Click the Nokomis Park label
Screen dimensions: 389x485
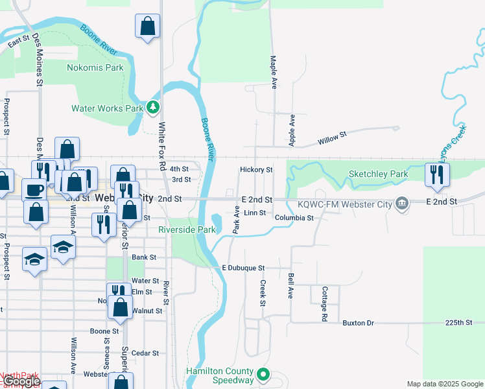[x=95, y=67]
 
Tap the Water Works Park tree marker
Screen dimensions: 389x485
[x=152, y=107]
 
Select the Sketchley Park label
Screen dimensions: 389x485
[x=378, y=174]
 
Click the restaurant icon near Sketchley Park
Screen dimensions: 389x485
[x=437, y=174]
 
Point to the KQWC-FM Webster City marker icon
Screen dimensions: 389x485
[x=402, y=204]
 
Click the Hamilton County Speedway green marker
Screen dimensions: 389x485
[x=263, y=374]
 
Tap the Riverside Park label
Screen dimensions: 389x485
[x=187, y=230]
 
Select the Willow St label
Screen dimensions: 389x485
[x=333, y=137]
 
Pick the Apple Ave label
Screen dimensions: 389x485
[x=292, y=130]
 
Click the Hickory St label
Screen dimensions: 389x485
[x=256, y=170]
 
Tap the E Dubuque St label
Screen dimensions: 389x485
[x=243, y=268]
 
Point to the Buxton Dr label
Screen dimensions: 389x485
[x=359, y=322]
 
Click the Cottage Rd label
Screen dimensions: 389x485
[x=324, y=305]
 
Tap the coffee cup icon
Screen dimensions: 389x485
[x=34, y=190]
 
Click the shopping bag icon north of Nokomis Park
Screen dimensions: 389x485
[x=148, y=27]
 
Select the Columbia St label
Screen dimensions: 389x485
[x=294, y=218]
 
